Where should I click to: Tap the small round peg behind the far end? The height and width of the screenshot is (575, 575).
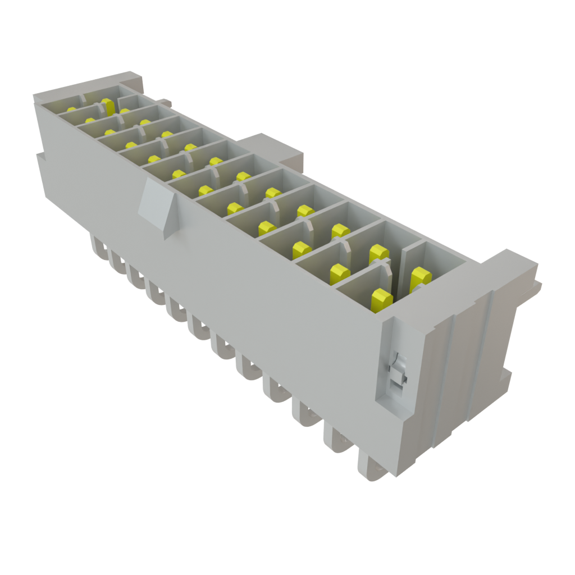[x=165, y=102]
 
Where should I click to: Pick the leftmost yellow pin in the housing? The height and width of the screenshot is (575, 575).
[x=71, y=109]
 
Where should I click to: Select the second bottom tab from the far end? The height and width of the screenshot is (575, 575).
[x=118, y=261]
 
